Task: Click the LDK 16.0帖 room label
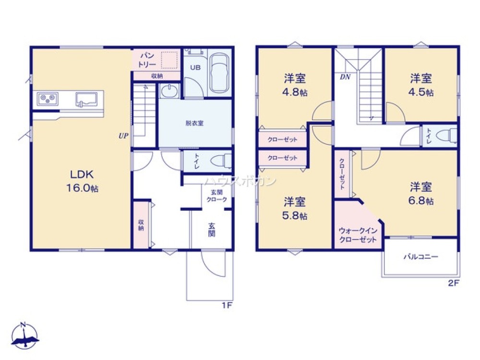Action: pos(83,181)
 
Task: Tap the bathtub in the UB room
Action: pos(219,73)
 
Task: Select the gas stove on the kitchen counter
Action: pos(48,98)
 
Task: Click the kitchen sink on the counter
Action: pos(86,99)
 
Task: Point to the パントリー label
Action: pos(147,60)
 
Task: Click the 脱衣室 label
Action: pos(194,123)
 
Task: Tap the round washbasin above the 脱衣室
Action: pos(169,91)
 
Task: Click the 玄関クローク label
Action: pos(216,196)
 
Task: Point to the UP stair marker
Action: pos(123,136)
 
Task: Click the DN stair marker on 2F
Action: pos(345,77)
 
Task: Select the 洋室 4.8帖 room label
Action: pos(295,85)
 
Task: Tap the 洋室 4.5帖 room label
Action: pos(421,85)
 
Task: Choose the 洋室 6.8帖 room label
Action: pos(421,193)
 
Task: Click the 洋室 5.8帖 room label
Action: pos(295,208)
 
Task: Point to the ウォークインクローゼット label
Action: pos(358,235)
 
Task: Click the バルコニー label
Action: pos(421,256)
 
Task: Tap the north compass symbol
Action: pos(24,336)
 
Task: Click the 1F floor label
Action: pos(227,305)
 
